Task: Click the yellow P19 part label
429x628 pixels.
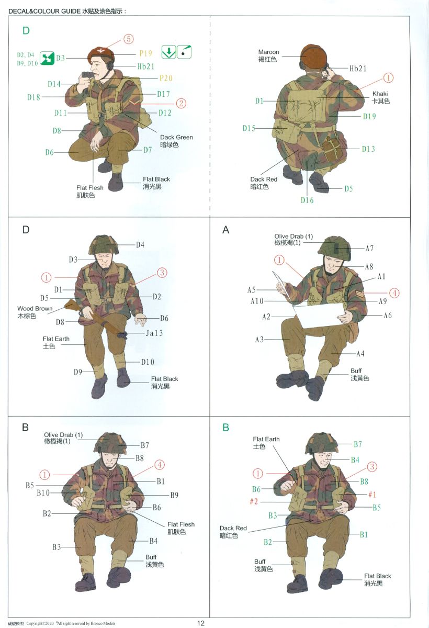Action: [146, 53]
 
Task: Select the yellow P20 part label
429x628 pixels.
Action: [166, 78]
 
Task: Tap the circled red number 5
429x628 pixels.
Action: [128, 39]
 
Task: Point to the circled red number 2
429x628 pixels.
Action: [181, 103]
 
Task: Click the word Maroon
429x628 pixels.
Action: [268, 52]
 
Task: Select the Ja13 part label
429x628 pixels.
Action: [154, 333]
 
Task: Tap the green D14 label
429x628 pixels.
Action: [54, 84]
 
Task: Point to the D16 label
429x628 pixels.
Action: [307, 200]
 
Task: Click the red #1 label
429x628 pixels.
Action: [372, 494]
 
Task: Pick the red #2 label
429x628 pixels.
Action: [254, 501]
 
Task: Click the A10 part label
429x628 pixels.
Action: [257, 301]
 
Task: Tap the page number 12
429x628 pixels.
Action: [200, 623]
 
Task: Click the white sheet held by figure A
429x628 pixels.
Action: [319, 316]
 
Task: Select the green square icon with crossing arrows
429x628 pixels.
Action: [47, 58]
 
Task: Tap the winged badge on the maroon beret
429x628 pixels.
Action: [100, 51]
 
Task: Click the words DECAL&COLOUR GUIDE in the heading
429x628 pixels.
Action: [44, 12]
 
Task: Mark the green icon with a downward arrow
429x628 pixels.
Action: [168, 52]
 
